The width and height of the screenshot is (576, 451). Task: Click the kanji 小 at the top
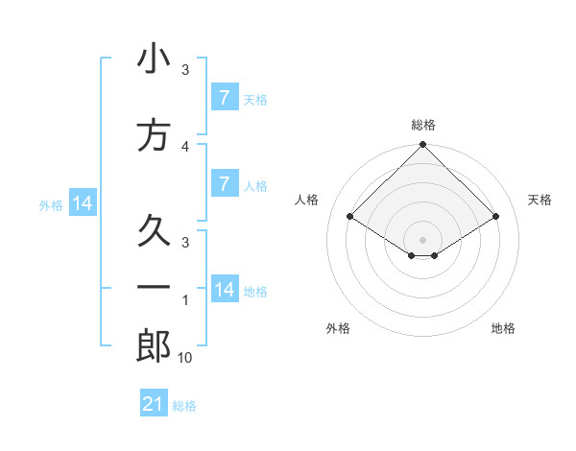point(154,59)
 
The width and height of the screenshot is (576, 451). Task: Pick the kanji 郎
point(154,346)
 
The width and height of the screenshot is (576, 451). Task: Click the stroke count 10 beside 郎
point(185,358)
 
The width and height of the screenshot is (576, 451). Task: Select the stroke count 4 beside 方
point(185,146)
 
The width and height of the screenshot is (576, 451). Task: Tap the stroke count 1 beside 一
point(185,300)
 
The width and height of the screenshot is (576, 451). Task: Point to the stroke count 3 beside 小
point(185,70)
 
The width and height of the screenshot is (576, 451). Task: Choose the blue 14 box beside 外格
point(83,203)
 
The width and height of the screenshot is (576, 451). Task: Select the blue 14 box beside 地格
point(225,290)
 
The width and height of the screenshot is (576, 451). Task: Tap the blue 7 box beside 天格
point(224,98)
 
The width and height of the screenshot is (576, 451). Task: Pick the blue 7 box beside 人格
point(224,184)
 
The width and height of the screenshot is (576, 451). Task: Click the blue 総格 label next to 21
point(184,406)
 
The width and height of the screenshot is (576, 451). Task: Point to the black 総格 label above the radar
point(422,125)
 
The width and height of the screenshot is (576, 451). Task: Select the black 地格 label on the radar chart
point(503,329)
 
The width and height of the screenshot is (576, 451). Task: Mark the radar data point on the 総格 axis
point(422,145)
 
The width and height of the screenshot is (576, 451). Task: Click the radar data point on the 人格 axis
point(350,217)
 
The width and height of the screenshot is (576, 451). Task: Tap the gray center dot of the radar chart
point(422,240)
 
